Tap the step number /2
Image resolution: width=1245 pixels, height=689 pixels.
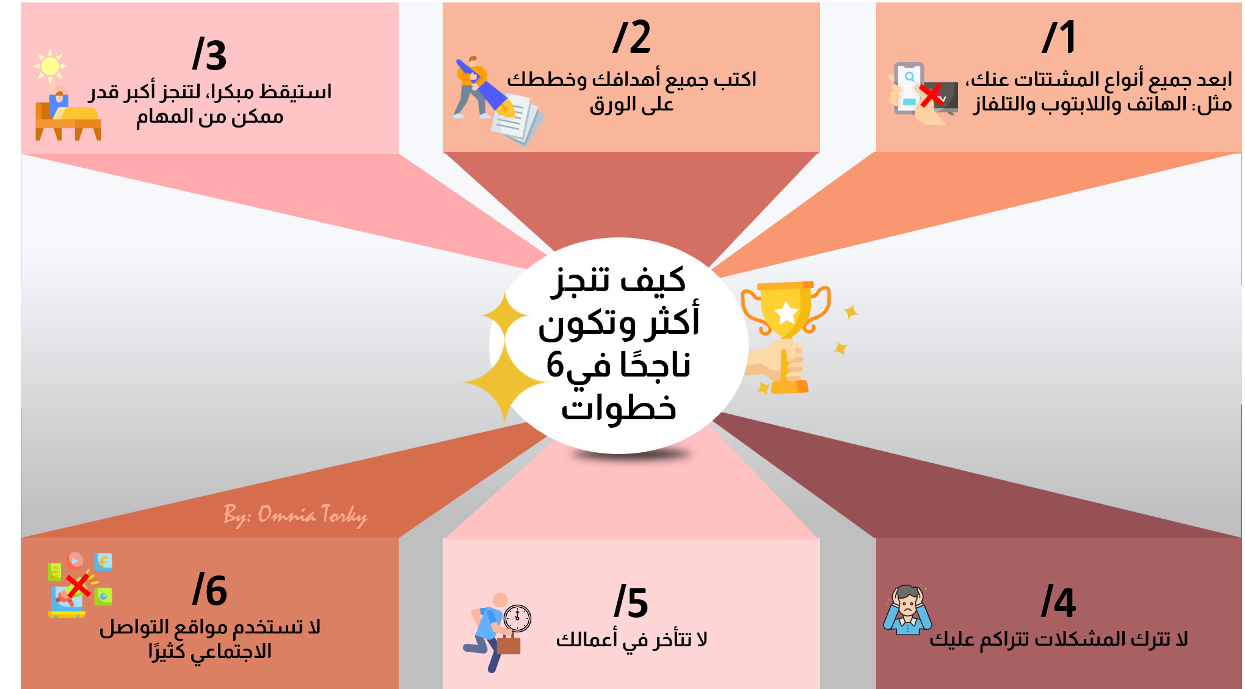click(x=631, y=38)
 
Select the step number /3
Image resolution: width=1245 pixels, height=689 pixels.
click(x=209, y=55)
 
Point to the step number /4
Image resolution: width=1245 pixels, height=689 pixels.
click(x=1058, y=602)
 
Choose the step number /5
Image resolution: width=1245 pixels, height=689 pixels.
click(x=631, y=602)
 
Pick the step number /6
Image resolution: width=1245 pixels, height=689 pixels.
click(x=209, y=590)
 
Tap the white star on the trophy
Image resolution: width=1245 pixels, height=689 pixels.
click(x=786, y=313)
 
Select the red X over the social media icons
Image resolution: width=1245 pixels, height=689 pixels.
click(x=78, y=585)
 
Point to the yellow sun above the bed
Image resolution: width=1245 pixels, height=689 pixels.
click(x=50, y=66)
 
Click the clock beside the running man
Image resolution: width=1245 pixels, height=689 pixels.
click(x=518, y=618)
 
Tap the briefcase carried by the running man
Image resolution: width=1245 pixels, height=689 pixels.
click(x=508, y=644)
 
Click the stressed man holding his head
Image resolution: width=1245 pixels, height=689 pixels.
click(x=907, y=610)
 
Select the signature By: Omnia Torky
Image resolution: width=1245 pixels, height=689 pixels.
click(x=295, y=515)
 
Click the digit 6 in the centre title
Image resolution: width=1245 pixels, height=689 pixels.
click(x=554, y=365)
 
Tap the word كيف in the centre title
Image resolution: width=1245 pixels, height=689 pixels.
click(x=653, y=281)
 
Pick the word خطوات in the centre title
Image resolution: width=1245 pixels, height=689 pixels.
click(x=619, y=408)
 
